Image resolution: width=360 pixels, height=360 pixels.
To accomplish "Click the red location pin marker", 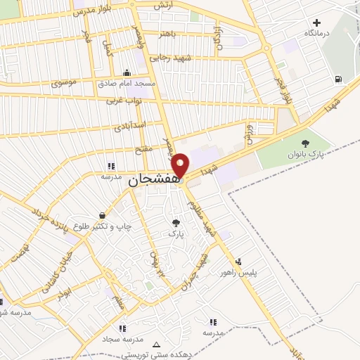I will click(x=181, y=165).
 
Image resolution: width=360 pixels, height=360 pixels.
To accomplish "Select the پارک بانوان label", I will click(x=304, y=154).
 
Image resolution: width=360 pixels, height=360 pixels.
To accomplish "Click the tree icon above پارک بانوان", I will click(x=304, y=143).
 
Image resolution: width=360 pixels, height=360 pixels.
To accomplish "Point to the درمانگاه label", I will click(x=317, y=34).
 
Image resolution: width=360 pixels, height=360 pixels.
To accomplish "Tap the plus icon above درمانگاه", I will click(x=317, y=22).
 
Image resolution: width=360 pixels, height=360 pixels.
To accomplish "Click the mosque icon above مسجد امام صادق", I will click(x=127, y=73).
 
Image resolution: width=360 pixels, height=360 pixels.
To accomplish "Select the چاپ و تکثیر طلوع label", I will click(x=103, y=226).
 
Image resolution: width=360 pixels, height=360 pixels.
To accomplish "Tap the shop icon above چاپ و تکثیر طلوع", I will click(x=103, y=216).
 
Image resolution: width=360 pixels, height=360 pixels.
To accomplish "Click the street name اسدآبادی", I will click(x=129, y=126).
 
